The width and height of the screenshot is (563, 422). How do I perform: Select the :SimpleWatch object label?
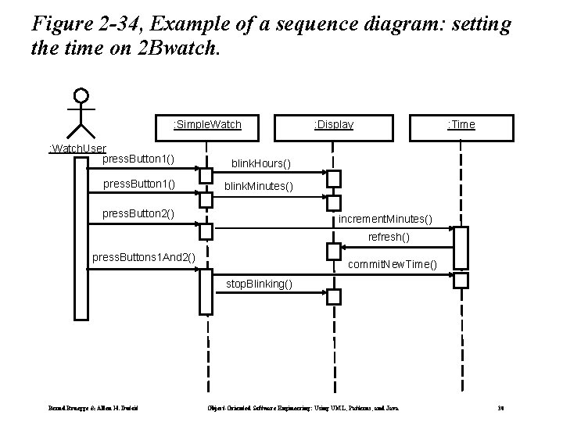click(206, 124)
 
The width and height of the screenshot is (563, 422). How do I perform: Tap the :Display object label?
click(333, 124)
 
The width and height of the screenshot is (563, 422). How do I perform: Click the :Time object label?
click(461, 124)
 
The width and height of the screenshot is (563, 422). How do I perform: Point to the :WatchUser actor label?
click(77, 148)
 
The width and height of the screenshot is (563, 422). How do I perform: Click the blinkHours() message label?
click(260, 164)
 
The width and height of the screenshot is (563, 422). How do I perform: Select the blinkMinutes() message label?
click(259, 187)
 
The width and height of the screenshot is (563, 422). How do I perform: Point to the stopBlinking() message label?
click(260, 284)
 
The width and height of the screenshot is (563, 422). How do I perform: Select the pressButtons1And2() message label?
click(144, 257)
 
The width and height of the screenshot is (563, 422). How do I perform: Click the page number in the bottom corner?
click(500, 408)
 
